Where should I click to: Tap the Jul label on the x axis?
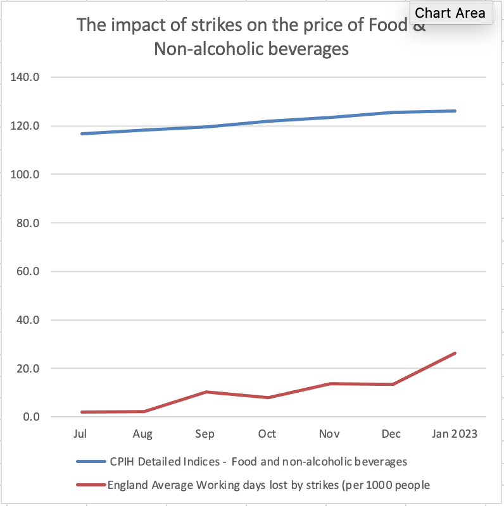[x=80, y=434]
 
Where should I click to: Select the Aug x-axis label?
[x=142, y=434]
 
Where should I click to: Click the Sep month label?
[x=205, y=434]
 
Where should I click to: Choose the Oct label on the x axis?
[x=267, y=434]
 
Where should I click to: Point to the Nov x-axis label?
[x=329, y=434]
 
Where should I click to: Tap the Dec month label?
[x=392, y=434]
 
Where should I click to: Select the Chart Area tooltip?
[x=450, y=13]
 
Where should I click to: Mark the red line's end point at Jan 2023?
[x=455, y=353]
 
